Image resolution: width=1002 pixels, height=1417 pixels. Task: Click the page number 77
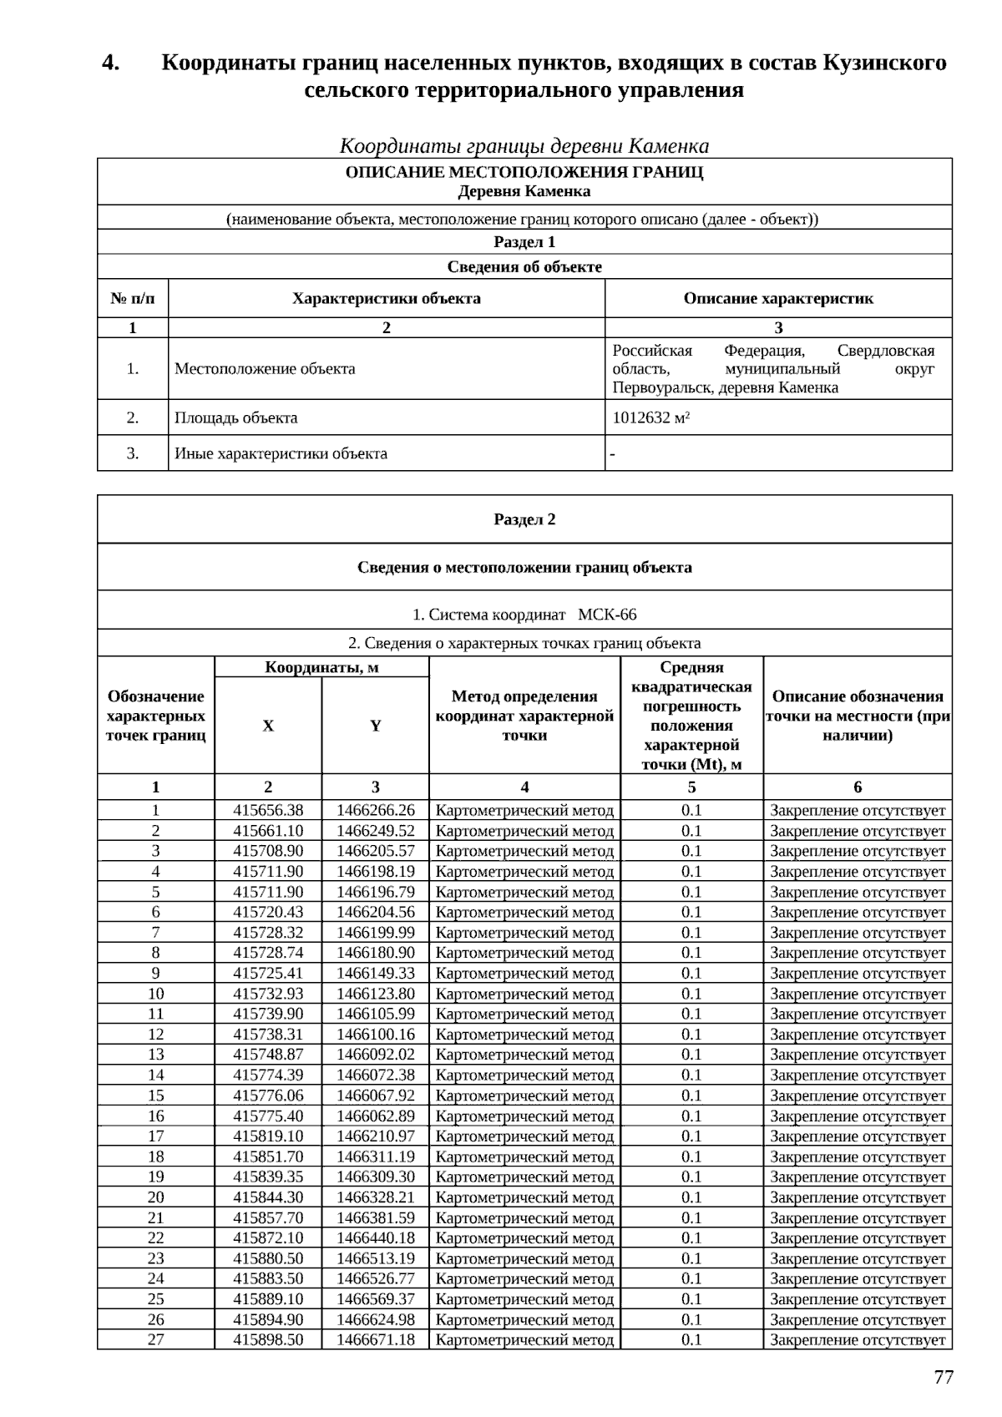pyautogui.click(x=943, y=1378)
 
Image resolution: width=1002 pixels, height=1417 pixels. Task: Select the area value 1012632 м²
pyautogui.click(x=650, y=418)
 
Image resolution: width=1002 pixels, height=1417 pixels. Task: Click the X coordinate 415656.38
pyautogui.click(x=268, y=810)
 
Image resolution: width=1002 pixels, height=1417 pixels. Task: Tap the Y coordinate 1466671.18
pyautogui.click(x=376, y=1339)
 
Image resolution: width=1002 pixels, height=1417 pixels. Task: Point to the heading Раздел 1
pyautogui.click(x=524, y=242)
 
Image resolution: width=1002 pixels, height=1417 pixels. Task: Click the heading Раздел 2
pyautogui.click(x=524, y=519)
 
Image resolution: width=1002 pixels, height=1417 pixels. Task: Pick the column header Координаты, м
pyautogui.click(x=321, y=667)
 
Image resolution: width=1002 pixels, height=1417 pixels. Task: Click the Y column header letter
pyautogui.click(x=376, y=726)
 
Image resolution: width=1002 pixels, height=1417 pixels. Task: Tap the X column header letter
pyautogui.click(x=268, y=726)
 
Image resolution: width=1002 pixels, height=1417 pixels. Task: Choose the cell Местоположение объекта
pyautogui.click(x=265, y=368)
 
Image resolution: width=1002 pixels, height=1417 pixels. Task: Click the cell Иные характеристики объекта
pyautogui.click(x=281, y=453)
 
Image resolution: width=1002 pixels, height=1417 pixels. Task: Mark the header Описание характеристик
pyautogui.click(x=778, y=298)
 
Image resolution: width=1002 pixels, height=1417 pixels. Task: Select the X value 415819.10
pyautogui.click(x=268, y=1136)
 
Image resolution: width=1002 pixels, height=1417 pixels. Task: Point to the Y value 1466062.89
pyautogui.click(x=376, y=1116)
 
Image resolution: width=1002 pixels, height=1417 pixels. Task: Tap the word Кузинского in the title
pyautogui.click(x=884, y=63)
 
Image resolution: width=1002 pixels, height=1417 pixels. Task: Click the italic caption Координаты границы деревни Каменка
pyautogui.click(x=524, y=146)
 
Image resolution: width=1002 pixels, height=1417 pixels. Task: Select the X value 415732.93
pyautogui.click(x=268, y=994)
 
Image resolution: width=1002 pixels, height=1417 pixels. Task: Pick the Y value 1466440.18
pyautogui.click(x=376, y=1237)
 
